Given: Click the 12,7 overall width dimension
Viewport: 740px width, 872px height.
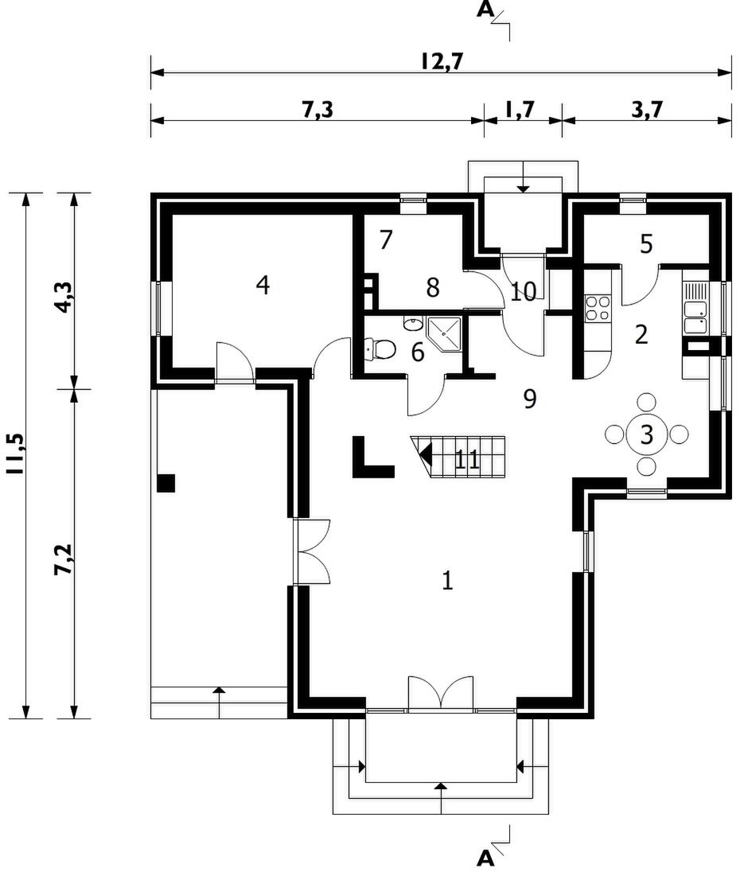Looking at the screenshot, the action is click(442, 61).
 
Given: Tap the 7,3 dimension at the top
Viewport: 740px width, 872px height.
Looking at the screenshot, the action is click(317, 109).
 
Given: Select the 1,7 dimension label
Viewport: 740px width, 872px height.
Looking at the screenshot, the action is click(520, 109).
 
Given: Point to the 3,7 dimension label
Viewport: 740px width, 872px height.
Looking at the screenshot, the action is click(648, 109).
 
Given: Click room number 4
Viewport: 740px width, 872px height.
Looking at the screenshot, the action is click(263, 285).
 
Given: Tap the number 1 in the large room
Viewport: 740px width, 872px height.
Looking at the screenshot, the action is click(447, 581).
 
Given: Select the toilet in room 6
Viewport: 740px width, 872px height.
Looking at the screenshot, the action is click(380, 348).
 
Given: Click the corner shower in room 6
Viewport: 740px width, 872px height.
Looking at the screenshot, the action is click(444, 333).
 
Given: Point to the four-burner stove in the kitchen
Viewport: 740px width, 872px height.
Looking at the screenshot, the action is click(597, 308).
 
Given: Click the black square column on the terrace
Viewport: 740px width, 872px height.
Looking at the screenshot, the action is click(166, 483).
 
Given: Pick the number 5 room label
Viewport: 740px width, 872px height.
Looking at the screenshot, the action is click(646, 243).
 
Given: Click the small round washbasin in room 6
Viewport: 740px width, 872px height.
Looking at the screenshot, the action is click(412, 324).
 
